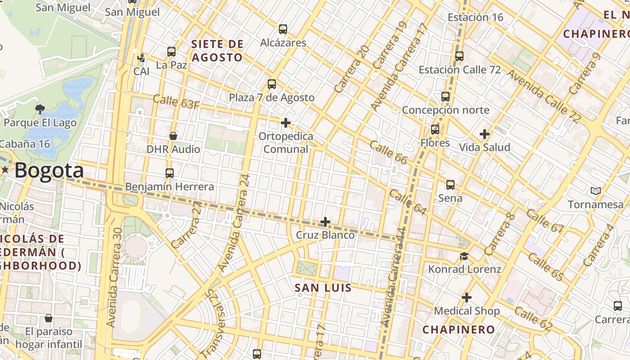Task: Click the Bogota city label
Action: tap(49, 171)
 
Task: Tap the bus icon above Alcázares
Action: tap(283, 29)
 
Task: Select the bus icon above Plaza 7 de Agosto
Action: tap(272, 84)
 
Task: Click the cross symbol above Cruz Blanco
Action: tap(325, 222)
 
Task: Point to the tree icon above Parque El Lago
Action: tap(40, 109)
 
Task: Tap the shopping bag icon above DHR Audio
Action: tap(173, 136)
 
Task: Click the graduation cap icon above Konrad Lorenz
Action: tap(464, 256)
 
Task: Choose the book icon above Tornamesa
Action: tap(596, 191)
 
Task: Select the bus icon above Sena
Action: tap(450, 185)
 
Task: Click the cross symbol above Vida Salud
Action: tap(484, 134)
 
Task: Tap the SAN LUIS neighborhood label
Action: tap(323, 288)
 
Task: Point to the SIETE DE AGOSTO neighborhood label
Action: tap(217, 51)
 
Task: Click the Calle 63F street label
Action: tap(176, 102)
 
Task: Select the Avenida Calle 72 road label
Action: tap(544, 96)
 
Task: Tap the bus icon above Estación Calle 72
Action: tap(459, 57)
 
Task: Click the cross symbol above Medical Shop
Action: tap(467, 298)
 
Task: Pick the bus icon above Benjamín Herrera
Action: tap(170, 173)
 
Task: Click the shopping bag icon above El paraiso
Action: tap(49, 319)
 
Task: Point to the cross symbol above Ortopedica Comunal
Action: tap(285, 123)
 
